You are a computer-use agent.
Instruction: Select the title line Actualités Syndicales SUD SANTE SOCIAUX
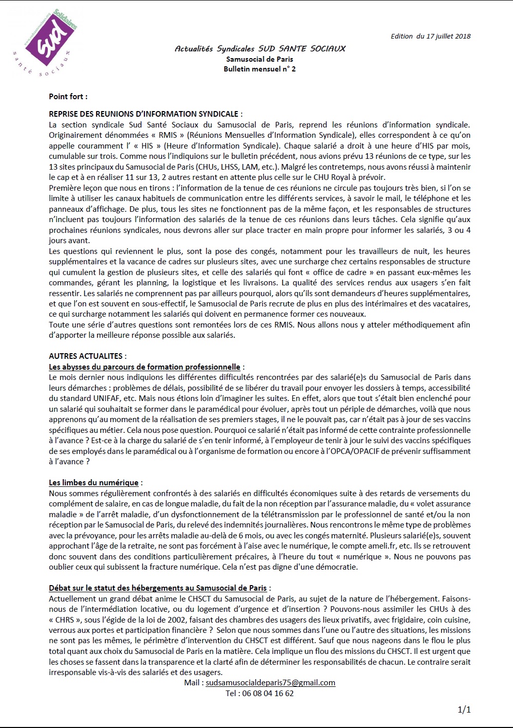point(260,49)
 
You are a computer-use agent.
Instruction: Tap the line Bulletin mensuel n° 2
point(260,69)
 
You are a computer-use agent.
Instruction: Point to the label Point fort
point(68,97)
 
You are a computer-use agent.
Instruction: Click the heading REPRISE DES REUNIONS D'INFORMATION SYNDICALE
point(144,114)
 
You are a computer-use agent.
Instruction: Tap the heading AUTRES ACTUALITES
point(86,356)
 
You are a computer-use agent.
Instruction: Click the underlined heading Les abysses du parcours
point(144,367)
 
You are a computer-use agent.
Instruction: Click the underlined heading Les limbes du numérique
point(94,482)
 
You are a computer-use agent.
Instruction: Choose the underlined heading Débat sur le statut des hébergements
point(158,588)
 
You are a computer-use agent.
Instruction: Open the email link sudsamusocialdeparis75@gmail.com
point(270,683)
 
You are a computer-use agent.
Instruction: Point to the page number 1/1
point(464,710)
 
